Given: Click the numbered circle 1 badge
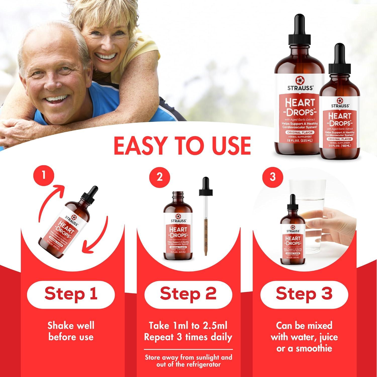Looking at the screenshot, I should (44, 175).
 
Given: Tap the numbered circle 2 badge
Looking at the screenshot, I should (159, 177).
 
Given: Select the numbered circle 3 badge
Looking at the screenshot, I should (272, 177).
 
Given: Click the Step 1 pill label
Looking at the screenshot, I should (71, 294).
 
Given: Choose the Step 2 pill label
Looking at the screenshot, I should (188, 294).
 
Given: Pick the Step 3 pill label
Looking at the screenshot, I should (304, 294).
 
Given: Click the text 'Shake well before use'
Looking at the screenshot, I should (71, 331).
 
